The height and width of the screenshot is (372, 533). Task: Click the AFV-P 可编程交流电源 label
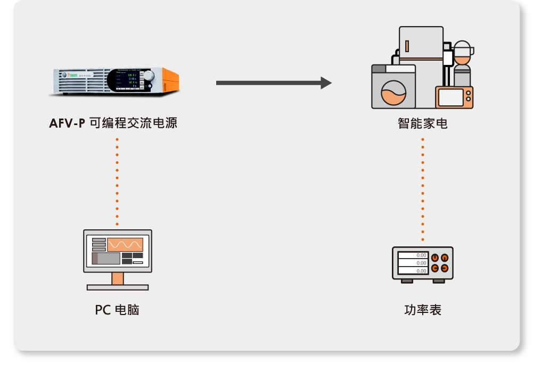[x=113, y=123]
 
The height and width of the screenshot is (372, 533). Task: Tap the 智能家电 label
[x=422, y=123]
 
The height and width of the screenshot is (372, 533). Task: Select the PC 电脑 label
[x=117, y=310]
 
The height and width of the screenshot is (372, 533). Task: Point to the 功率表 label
[x=422, y=310]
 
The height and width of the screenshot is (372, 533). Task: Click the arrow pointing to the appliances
[x=274, y=83]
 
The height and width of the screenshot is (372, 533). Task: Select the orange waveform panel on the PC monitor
[x=125, y=245]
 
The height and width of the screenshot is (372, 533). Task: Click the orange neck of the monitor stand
[x=118, y=278]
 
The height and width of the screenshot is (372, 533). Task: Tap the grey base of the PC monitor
[x=118, y=287]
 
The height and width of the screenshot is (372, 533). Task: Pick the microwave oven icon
[x=454, y=97]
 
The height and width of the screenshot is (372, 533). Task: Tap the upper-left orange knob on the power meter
[x=435, y=258]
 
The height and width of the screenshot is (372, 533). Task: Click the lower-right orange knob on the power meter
[x=444, y=268]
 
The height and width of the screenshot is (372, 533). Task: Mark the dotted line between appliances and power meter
[x=423, y=189]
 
